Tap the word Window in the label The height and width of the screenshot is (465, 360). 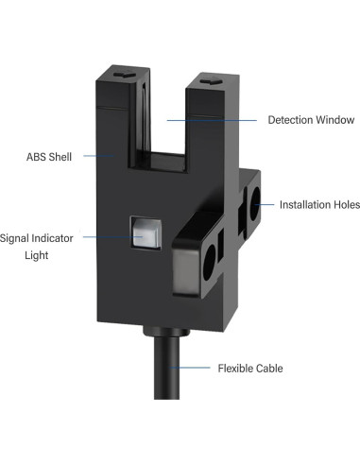point(335,120)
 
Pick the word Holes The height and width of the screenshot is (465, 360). point(346,204)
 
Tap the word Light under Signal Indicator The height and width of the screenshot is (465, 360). point(36,255)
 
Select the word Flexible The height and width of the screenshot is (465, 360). point(237,368)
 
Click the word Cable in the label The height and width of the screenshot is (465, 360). point(270,368)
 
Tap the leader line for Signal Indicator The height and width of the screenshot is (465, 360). point(110,236)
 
